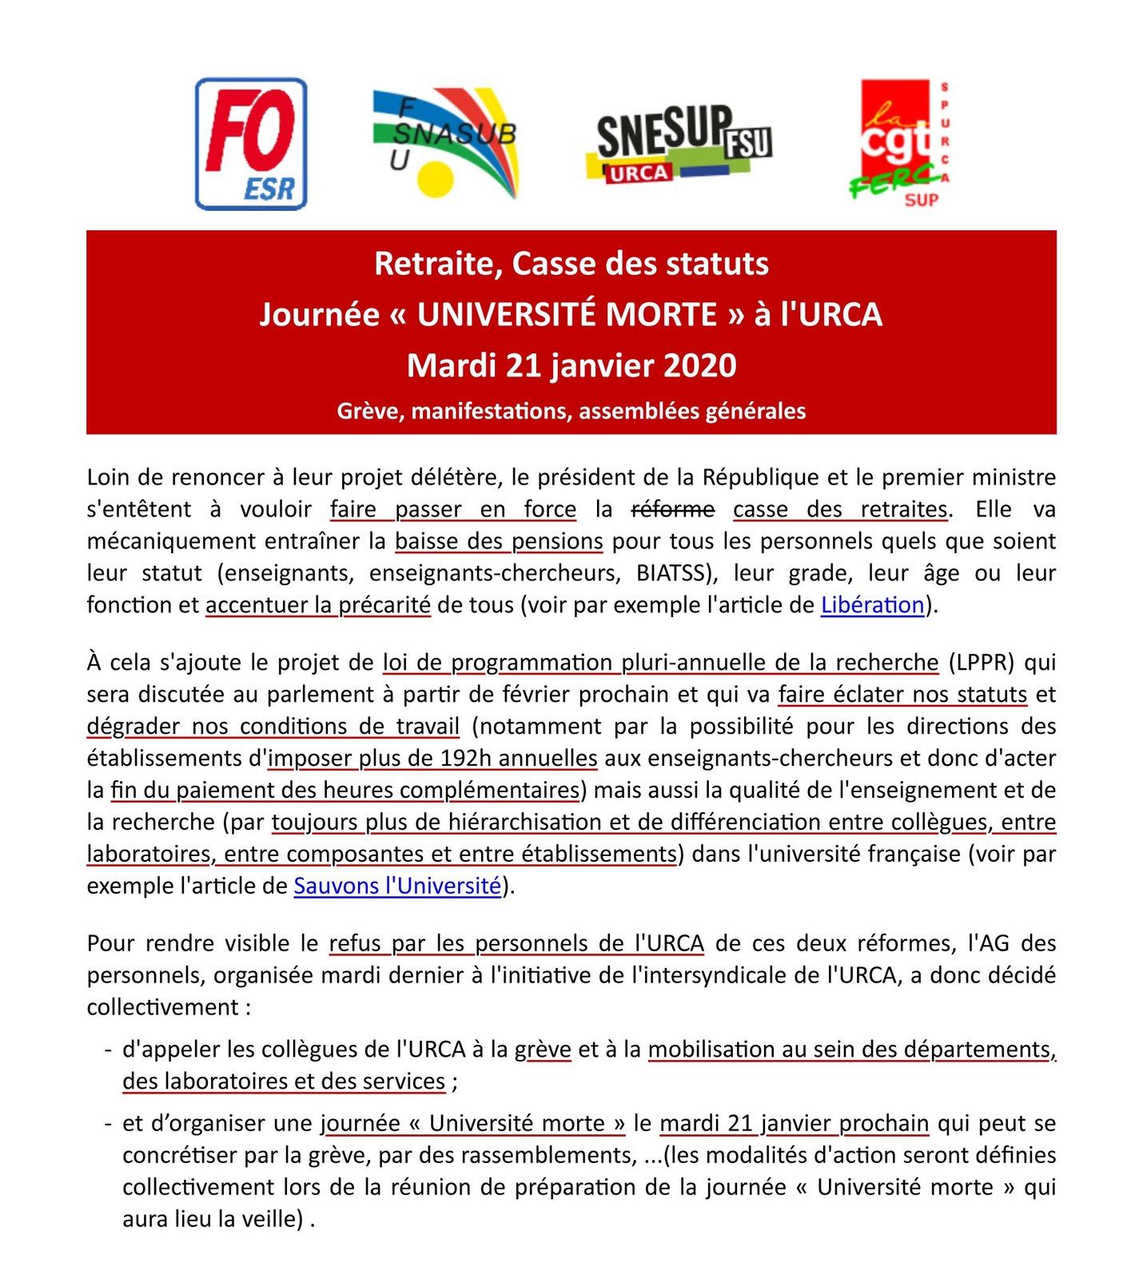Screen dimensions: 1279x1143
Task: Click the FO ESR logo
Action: point(251,144)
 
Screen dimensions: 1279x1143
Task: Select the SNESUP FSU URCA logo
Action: point(679,144)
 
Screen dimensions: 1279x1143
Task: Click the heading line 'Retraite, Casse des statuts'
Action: point(571,264)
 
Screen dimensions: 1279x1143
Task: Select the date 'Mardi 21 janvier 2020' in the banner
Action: point(571,365)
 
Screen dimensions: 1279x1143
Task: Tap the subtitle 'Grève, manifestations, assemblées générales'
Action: point(571,411)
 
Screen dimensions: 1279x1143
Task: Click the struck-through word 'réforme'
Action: point(673,509)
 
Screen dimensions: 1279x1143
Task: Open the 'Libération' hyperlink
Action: point(872,605)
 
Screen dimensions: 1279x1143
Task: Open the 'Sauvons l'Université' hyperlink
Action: point(397,886)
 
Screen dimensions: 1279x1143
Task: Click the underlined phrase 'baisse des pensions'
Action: point(499,541)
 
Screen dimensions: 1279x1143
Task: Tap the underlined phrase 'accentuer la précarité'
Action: point(318,605)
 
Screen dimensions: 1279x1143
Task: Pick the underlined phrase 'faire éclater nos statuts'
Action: point(902,694)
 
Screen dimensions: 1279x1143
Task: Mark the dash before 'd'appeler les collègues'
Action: point(107,1050)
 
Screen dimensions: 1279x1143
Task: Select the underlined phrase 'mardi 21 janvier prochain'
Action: point(794,1123)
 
